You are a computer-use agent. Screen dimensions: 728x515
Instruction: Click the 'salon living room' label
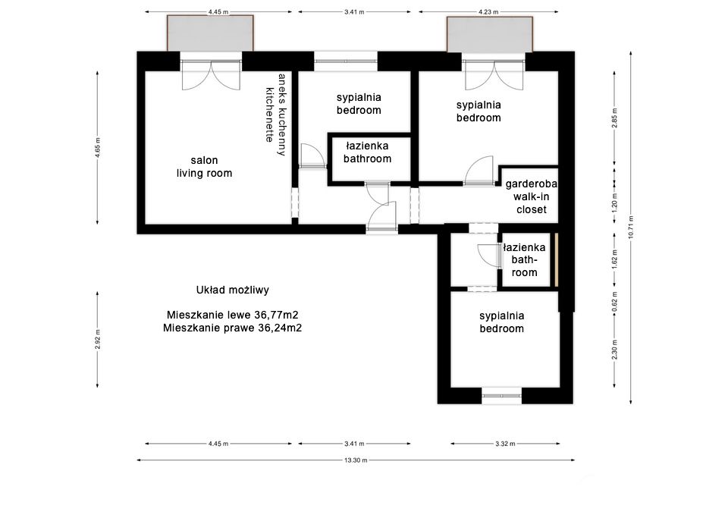[204, 167]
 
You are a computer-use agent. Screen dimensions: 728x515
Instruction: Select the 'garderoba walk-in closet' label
[531, 196]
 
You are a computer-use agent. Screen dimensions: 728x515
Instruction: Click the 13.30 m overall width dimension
[356, 460]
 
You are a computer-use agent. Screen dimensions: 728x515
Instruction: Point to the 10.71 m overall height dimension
[630, 228]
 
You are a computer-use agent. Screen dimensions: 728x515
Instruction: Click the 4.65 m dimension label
[98, 148]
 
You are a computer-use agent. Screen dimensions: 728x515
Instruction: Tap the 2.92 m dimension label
[98, 340]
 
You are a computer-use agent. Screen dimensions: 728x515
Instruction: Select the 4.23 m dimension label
[488, 12]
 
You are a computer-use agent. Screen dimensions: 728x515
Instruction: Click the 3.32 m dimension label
[505, 444]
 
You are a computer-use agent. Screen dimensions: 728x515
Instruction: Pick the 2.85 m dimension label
[615, 118]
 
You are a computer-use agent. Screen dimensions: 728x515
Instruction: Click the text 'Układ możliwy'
[233, 290]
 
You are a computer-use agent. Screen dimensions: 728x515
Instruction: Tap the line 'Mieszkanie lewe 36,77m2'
[233, 315]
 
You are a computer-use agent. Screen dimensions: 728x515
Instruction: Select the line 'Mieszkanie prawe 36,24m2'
[233, 328]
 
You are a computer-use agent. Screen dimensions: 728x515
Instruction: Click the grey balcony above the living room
[210, 33]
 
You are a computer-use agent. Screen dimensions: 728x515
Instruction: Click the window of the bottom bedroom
[502, 396]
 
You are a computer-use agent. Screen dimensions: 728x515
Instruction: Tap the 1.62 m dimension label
[615, 259]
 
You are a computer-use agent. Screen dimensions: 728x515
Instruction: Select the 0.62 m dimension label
[615, 302]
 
